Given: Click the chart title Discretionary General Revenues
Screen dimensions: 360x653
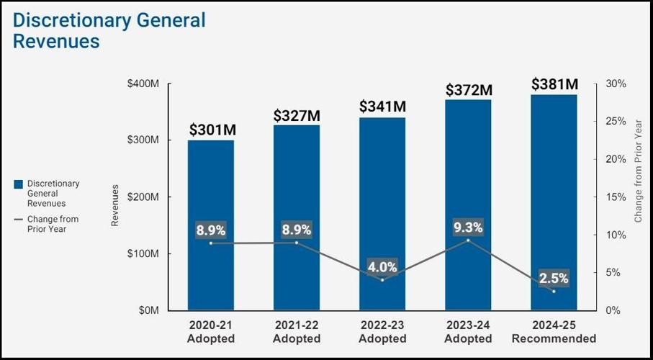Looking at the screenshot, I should [x=109, y=30].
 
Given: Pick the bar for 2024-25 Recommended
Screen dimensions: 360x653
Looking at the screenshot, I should [x=554, y=202].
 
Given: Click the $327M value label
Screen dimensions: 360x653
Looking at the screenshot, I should [x=297, y=115].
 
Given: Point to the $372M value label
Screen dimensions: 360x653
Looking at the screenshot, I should [x=469, y=90].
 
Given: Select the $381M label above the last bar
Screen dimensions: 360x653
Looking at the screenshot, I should [x=554, y=84].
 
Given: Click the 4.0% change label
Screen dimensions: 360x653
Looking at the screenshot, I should [x=382, y=267].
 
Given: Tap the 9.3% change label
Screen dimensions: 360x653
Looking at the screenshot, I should [x=469, y=228].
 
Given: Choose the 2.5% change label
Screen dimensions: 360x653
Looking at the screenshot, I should [x=554, y=278].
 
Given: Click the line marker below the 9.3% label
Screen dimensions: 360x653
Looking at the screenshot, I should [x=469, y=240].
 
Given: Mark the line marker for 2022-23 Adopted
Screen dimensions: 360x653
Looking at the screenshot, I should [x=382, y=280].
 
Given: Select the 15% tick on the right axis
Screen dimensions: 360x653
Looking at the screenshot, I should [x=616, y=197].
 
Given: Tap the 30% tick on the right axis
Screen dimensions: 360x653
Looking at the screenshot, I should [x=616, y=84].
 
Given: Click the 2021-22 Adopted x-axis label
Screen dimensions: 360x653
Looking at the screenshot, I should [x=297, y=332].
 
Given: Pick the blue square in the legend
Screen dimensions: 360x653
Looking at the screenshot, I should [x=18, y=184].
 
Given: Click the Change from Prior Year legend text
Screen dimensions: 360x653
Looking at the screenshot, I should [x=53, y=224].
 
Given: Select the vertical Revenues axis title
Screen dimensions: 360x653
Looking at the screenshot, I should [x=115, y=205].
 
